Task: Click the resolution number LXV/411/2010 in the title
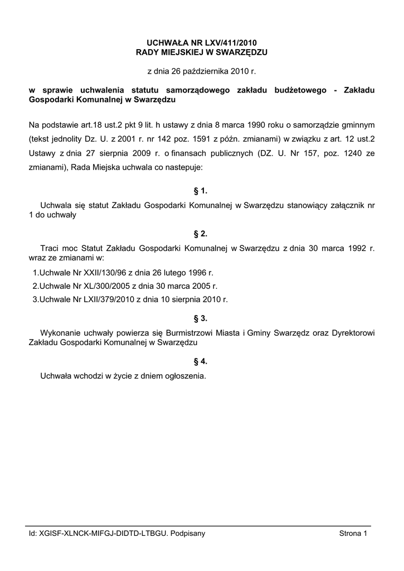pos(230,42)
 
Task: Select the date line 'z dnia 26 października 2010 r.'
pos(201,71)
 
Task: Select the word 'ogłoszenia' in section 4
pos(186,376)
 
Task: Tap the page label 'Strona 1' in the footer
pos(354,534)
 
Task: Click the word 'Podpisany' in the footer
pos(188,534)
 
